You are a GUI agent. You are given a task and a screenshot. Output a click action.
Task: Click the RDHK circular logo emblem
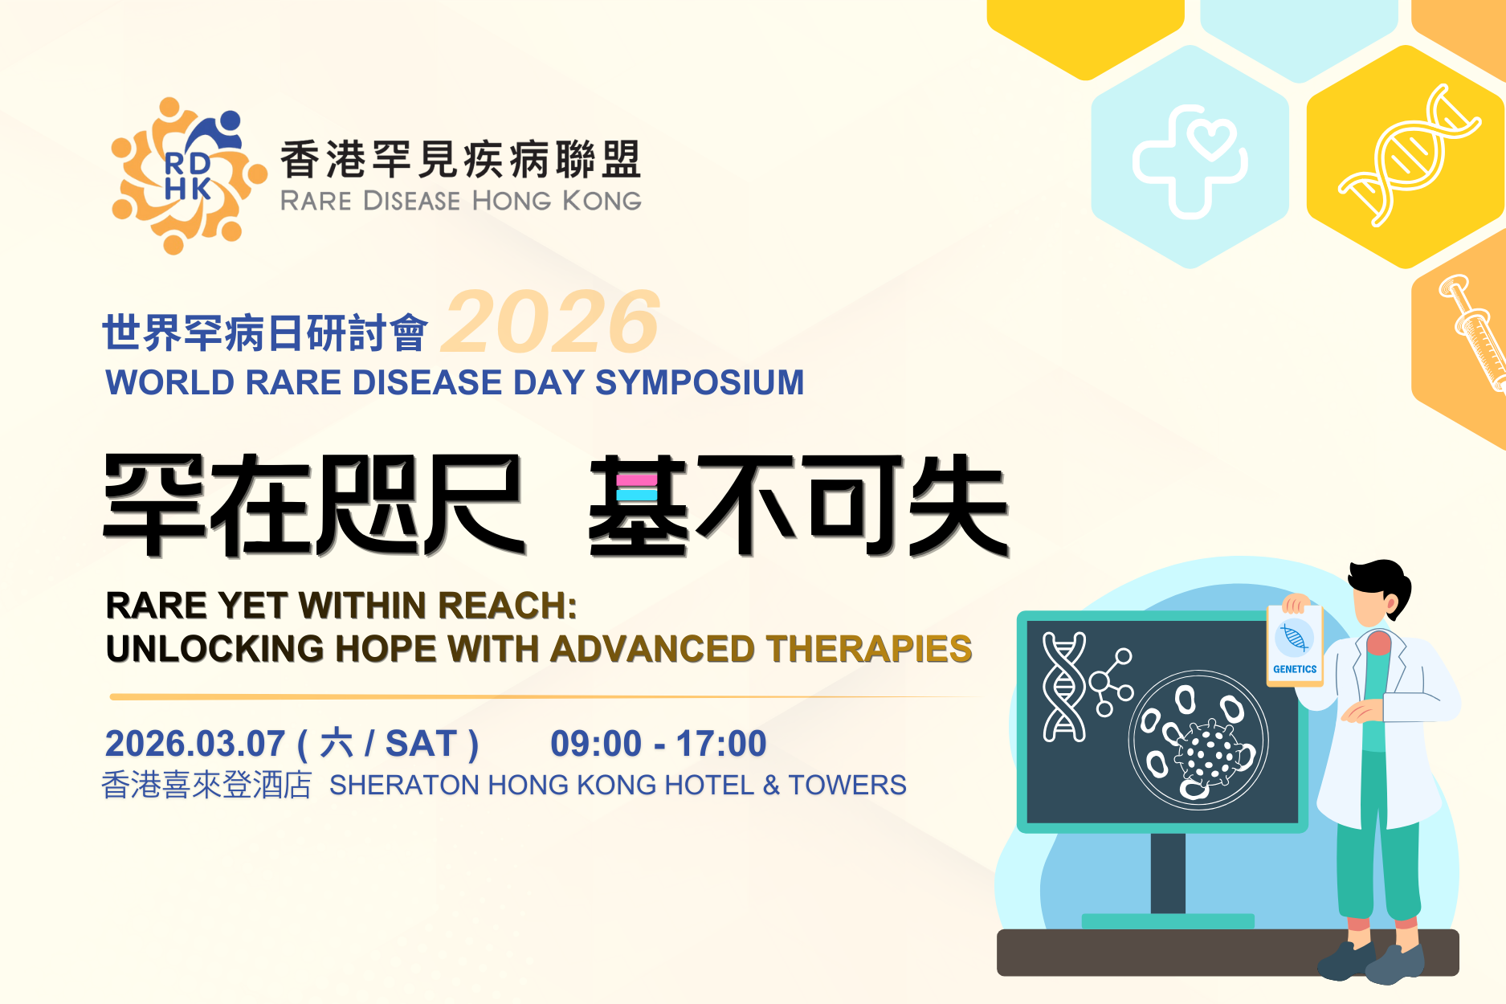click(x=189, y=175)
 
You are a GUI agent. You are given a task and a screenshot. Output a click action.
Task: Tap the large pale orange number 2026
click(x=551, y=322)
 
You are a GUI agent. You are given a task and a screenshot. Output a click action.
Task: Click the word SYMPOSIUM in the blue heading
click(x=700, y=382)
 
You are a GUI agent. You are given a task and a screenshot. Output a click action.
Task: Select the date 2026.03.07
click(x=195, y=744)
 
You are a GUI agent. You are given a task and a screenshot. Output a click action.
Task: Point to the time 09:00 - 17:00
click(x=659, y=744)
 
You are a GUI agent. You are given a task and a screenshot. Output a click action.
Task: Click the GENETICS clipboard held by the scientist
click(x=1295, y=645)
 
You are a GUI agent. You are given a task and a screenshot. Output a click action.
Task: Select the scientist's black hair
click(x=1381, y=585)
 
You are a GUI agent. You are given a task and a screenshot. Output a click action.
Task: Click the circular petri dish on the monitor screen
click(x=1198, y=740)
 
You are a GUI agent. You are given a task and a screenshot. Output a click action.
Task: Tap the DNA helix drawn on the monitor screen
click(x=1063, y=686)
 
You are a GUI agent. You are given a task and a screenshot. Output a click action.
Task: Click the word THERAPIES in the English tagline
click(x=869, y=649)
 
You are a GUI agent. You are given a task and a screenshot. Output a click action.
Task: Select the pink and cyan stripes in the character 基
click(x=637, y=488)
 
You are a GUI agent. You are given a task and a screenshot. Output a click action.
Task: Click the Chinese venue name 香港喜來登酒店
click(x=206, y=785)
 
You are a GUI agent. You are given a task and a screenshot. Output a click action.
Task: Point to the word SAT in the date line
click(x=422, y=744)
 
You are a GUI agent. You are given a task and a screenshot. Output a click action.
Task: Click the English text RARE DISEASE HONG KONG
click(x=461, y=201)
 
